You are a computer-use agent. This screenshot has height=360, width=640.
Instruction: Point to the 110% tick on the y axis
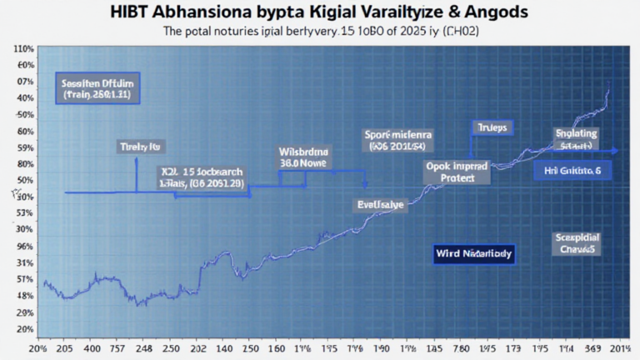[22, 49]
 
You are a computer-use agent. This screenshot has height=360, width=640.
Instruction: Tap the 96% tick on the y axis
[24, 246]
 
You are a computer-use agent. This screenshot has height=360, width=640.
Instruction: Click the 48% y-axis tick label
[24, 296]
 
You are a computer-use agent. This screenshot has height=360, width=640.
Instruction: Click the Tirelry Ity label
[137, 147]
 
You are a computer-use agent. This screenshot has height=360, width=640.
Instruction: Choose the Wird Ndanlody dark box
[474, 251]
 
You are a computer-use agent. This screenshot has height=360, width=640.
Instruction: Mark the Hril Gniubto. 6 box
[572, 169]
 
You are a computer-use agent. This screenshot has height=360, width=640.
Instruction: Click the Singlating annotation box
[576, 138]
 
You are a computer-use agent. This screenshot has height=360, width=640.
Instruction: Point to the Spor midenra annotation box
[402, 139]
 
